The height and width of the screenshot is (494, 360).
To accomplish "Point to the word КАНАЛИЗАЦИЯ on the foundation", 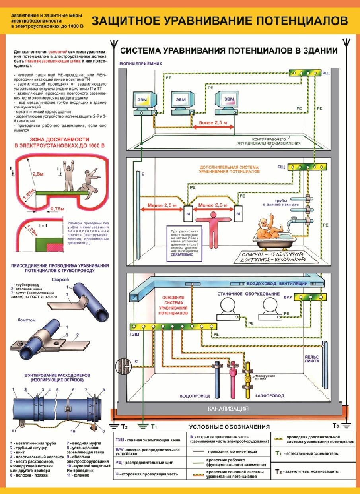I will click(x=228, y=408).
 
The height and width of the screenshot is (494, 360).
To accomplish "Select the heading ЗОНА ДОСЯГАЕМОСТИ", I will click(x=60, y=142).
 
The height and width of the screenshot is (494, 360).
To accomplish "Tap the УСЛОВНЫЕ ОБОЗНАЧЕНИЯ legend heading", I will click(x=229, y=427).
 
